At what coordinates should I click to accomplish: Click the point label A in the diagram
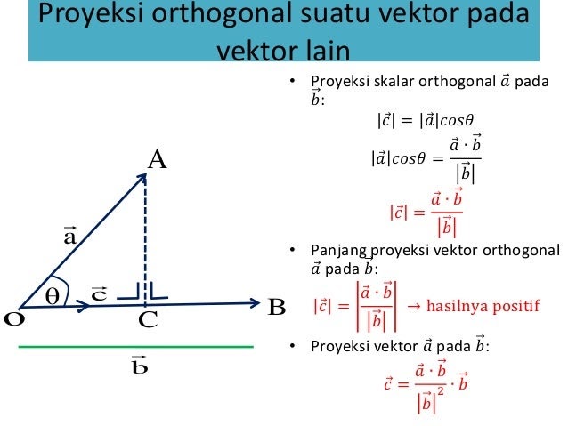tap(158, 160)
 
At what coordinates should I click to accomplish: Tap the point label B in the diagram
tap(277, 308)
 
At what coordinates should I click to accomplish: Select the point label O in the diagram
tap(14, 319)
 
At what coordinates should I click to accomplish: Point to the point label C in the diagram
tap(148, 319)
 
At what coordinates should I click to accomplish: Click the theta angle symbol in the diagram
tap(53, 296)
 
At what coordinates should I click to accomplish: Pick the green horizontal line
tap(136, 347)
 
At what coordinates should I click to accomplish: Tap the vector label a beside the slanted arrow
tap(70, 236)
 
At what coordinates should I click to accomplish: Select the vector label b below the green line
tap(140, 365)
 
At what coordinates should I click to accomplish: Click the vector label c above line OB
tap(99, 293)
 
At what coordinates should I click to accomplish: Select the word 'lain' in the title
tap(329, 51)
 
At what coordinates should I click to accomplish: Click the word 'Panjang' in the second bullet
tap(338, 251)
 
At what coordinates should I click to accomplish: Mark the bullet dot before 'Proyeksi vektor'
tap(293, 346)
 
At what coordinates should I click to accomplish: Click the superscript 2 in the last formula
tap(441, 391)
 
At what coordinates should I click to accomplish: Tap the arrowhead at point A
tap(142, 179)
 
